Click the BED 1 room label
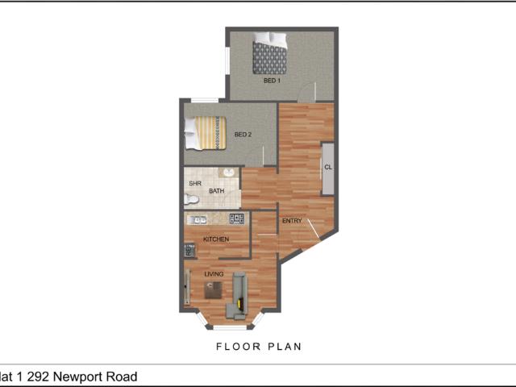coord(272,81)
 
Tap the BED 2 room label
coord(243,135)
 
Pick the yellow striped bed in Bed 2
coord(206,133)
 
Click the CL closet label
coord(328,168)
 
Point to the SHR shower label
coord(194,184)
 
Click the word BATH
coord(217,191)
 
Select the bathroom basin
coord(229,174)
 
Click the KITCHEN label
coord(216,239)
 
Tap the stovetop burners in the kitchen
coord(237,218)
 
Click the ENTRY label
coord(291,220)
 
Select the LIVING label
coord(214,274)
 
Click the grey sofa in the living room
coord(239,292)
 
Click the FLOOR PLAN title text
coord(258,347)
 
